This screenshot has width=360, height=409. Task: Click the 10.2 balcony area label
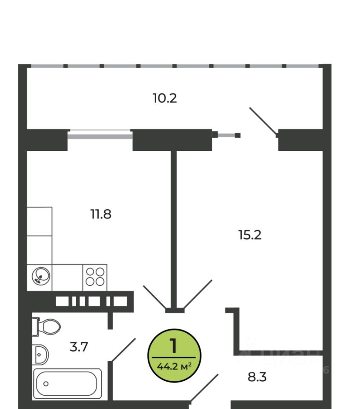(x=165, y=98)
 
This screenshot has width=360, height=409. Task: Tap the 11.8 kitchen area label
(x=100, y=213)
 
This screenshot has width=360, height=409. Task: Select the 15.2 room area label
(x=250, y=234)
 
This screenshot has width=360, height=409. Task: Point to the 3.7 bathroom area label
(x=79, y=347)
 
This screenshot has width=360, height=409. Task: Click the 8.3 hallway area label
(x=257, y=377)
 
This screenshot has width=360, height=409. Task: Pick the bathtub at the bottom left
(x=67, y=384)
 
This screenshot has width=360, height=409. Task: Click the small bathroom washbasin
(x=41, y=354)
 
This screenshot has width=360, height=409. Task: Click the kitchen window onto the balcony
(x=100, y=135)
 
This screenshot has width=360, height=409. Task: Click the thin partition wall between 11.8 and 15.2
(x=174, y=226)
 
